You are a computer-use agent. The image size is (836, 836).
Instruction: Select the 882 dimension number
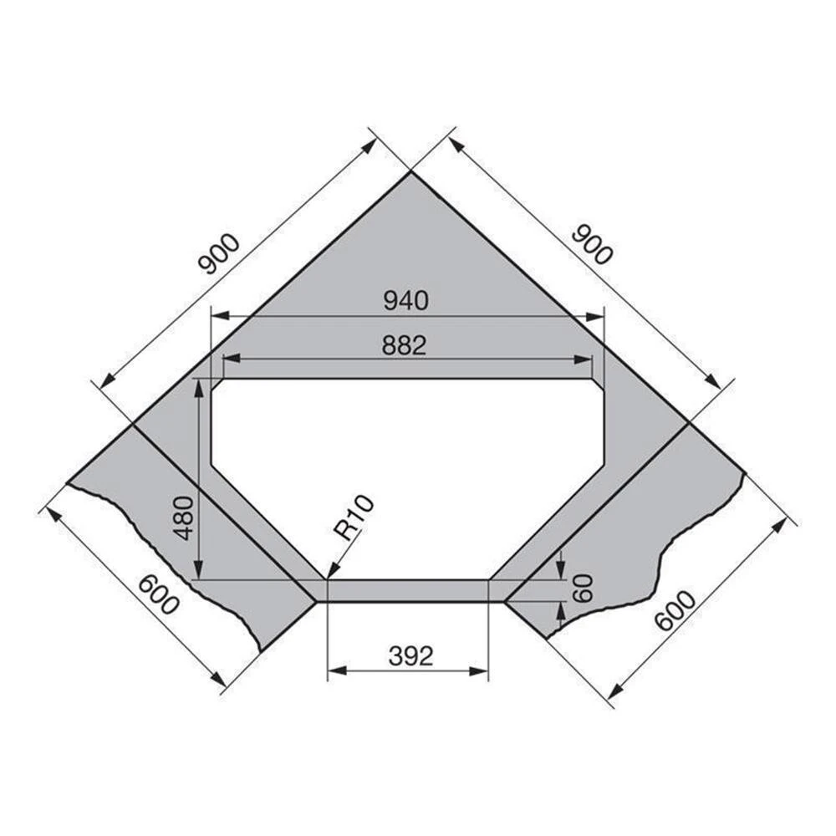[405, 345]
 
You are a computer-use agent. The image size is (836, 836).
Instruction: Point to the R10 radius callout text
[354, 517]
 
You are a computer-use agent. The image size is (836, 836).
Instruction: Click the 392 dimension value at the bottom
[411, 657]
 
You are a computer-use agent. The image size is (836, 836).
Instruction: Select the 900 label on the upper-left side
[219, 254]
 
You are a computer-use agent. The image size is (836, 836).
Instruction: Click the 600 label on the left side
[158, 595]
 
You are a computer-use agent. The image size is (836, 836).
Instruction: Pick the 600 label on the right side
[675, 612]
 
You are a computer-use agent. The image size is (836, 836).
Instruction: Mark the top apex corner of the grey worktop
[410, 172]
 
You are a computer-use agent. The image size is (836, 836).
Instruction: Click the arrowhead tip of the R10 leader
[328, 578]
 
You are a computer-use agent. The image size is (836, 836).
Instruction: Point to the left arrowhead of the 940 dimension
[215, 317]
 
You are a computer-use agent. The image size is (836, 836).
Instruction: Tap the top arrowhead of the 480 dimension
[199, 381]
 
